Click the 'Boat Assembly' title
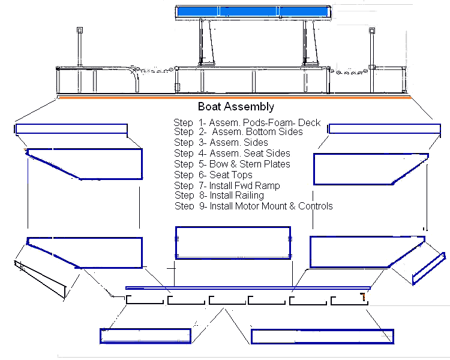click(x=236, y=107)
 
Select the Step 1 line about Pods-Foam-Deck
click(x=247, y=122)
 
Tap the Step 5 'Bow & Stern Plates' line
click(x=232, y=164)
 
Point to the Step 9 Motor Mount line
click(x=253, y=206)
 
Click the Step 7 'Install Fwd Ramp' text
click(x=227, y=185)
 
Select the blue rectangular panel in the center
click(x=232, y=242)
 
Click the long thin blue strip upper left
click(x=71, y=130)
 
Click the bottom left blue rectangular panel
click(x=146, y=335)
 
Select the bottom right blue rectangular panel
click(x=322, y=336)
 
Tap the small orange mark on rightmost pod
click(x=364, y=296)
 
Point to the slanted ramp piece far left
click(x=41, y=278)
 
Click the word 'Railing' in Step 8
click(x=248, y=195)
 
